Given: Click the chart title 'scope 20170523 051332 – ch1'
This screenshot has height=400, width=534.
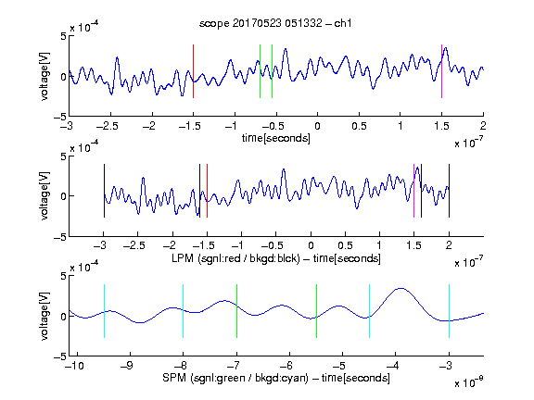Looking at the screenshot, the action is click(275, 23).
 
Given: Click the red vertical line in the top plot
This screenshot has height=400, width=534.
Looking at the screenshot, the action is click(193, 71).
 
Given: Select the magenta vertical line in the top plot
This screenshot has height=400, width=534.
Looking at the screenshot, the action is click(441, 71).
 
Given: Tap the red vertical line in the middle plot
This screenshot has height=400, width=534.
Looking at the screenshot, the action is click(207, 191).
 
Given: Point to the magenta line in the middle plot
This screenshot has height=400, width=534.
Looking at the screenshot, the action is click(413, 191).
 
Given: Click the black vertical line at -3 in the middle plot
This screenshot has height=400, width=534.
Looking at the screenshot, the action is click(104, 191).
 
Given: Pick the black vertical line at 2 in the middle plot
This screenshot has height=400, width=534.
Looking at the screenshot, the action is click(449, 191).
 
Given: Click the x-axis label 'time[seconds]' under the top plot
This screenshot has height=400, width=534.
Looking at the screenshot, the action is click(276, 138).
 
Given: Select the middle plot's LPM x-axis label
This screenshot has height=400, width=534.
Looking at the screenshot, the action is click(276, 258).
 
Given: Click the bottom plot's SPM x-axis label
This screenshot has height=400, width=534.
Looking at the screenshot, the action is click(276, 378).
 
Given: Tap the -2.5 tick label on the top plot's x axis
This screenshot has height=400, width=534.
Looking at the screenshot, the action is click(108, 126).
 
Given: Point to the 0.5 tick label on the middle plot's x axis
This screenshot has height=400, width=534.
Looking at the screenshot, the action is click(345, 245).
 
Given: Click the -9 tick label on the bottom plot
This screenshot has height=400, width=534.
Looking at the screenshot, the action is click(127, 366).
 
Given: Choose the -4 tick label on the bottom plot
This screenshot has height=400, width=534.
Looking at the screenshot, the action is click(392, 366).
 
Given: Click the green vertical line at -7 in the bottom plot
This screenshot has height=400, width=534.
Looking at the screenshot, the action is click(236, 311).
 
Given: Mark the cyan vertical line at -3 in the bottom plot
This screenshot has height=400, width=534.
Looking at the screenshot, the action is click(449, 311).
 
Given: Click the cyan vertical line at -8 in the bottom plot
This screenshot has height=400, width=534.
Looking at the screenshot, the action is click(183, 311).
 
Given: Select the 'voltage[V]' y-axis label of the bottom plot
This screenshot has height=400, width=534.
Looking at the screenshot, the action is click(44, 316).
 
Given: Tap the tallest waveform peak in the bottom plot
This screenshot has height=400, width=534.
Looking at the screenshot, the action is click(401, 289).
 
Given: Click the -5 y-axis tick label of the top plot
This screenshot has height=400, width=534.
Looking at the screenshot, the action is click(60, 117).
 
